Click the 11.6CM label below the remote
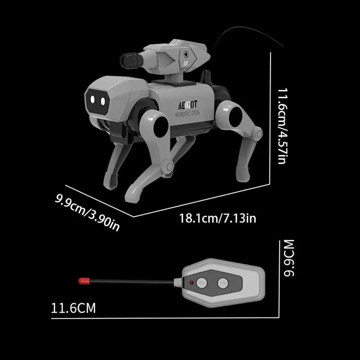pos(73,308)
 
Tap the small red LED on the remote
pos(192,283)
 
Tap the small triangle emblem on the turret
pos(185,53)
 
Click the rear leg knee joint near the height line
pos(258,134)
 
